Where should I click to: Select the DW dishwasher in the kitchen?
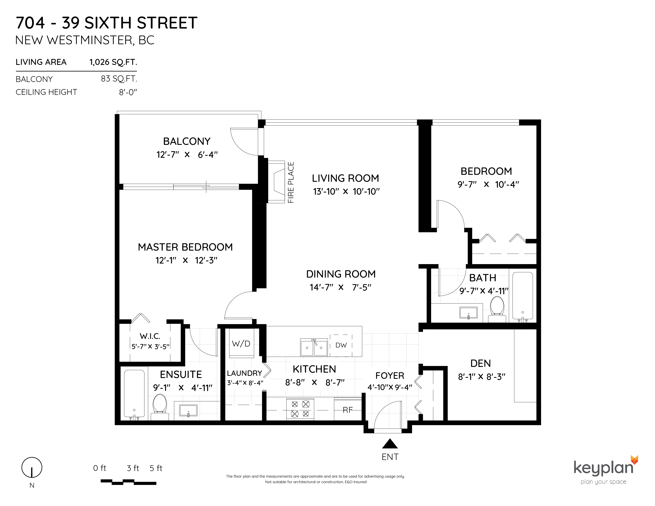click(x=341, y=345)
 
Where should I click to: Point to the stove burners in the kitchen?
click(x=300, y=409)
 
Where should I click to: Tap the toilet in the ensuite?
click(x=160, y=407)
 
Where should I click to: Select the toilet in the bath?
click(x=497, y=309)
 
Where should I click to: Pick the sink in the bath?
click(x=468, y=313)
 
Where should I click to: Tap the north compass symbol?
click(x=32, y=467)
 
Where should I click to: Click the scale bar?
click(x=128, y=482)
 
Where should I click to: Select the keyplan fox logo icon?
click(x=634, y=460)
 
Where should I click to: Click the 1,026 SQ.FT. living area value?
click(x=113, y=62)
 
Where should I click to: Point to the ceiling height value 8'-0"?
click(x=128, y=92)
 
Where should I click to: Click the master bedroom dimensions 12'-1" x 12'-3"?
click(x=186, y=260)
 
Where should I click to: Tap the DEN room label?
click(x=481, y=363)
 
